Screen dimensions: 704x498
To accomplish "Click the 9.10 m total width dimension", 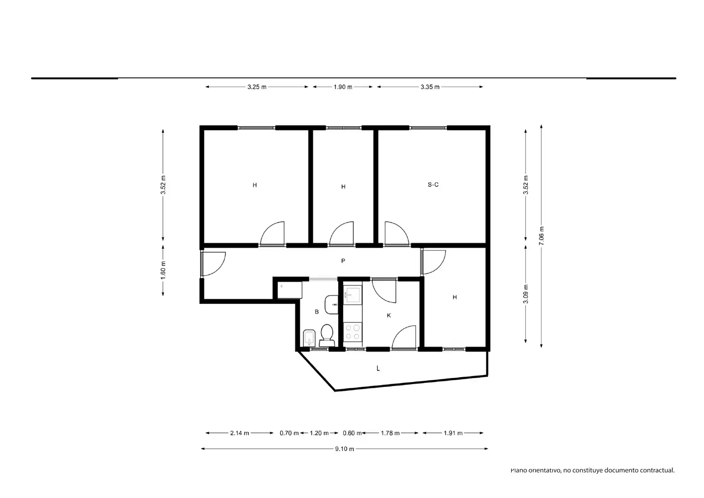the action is pyautogui.click(x=345, y=449).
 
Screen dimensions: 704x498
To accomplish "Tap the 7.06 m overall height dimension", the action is pyautogui.click(x=541, y=236).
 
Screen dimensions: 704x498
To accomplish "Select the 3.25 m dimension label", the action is pyautogui.click(x=257, y=87).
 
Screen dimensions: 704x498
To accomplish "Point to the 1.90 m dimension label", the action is pyautogui.click(x=343, y=87).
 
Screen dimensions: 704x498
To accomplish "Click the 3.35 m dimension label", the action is pyautogui.click(x=430, y=87).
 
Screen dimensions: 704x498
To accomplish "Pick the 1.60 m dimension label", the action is pyautogui.click(x=163, y=270).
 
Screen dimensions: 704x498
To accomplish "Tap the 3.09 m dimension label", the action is pyautogui.click(x=525, y=294).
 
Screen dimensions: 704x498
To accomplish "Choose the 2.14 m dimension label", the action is pyautogui.click(x=239, y=433).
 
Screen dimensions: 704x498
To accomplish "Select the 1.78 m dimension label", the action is pyautogui.click(x=390, y=433).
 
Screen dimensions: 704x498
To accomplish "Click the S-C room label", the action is pyautogui.click(x=433, y=185).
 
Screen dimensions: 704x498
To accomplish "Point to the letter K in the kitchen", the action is pyautogui.click(x=389, y=315).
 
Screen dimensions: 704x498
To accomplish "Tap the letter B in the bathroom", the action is pyautogui.click(x=317, y=312).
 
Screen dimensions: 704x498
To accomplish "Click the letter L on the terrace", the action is pyautogui.click(x=378, y=368).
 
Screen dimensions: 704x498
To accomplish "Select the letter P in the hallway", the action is pyautogui.click(x=343, y=261).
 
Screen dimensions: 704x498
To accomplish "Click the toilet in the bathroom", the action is pyautogui.click(x=327, y=336).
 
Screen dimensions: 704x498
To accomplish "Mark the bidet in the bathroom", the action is pyautogui.click(x=309, y=338).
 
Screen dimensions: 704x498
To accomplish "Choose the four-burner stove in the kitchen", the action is pyautogui.click(x=352, y=332).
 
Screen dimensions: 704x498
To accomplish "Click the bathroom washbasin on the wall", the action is pyautogui.click(x=331, y=304).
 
